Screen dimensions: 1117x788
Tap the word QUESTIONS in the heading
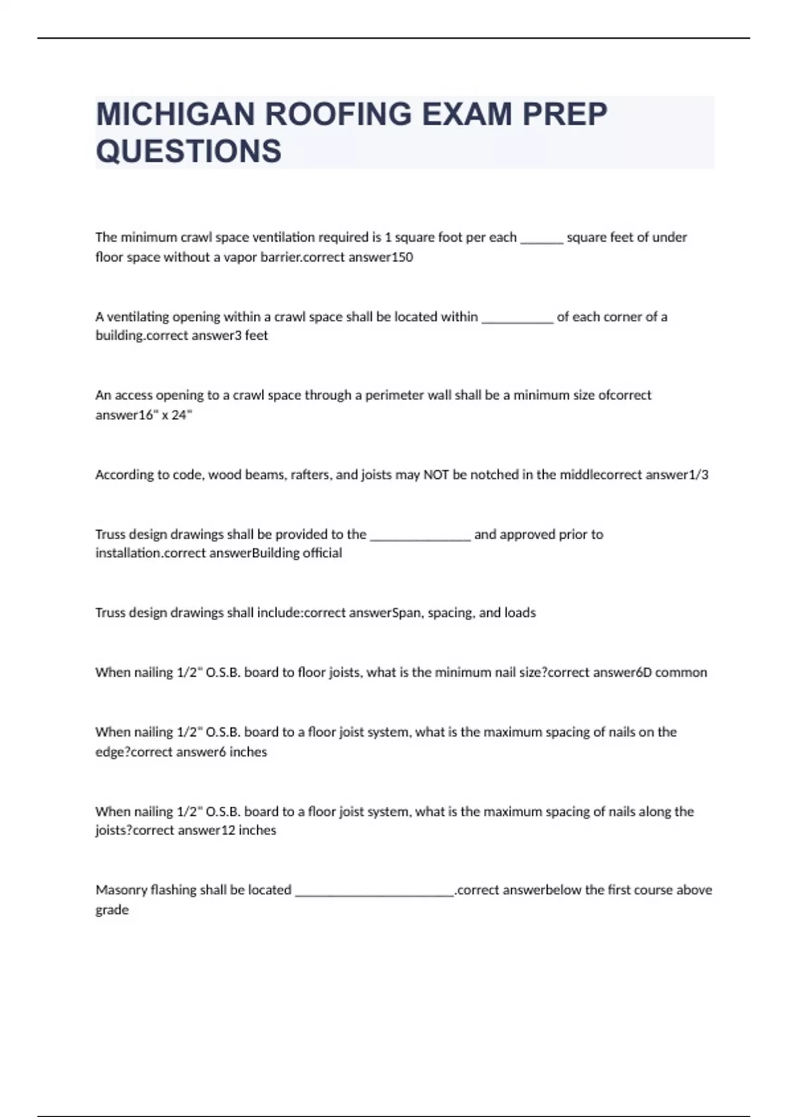coord(188,151)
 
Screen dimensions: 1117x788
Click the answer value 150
coord(402,257)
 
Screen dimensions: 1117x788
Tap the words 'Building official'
coord(297,553)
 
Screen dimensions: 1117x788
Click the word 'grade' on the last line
coord(112,910)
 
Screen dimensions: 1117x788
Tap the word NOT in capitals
coord(436,474)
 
